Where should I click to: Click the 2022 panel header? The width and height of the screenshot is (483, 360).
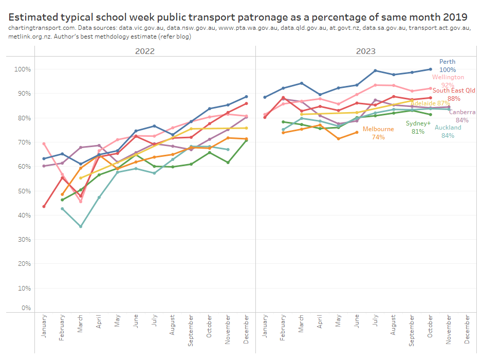144,51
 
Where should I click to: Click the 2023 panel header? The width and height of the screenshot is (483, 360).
365,51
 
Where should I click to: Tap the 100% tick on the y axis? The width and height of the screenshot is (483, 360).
23,69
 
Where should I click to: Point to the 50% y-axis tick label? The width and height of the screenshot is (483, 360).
24,191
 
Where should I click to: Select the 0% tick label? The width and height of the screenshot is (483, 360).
26,308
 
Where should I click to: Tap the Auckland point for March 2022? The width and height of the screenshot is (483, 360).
80,226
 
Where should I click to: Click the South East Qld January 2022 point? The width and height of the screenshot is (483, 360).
44,206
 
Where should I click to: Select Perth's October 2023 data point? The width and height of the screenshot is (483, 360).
430,69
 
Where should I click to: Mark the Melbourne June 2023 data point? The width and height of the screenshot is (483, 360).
357,132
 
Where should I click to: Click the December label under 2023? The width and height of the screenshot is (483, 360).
467,330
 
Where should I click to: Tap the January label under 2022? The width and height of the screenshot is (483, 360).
44,327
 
